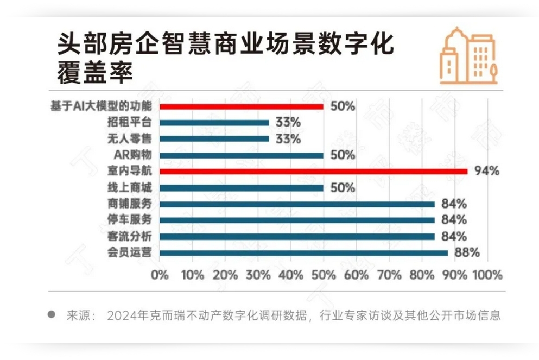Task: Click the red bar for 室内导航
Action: pos(314,172)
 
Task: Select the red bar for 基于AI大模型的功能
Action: pos(242,106)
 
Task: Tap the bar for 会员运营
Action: pos(304,252)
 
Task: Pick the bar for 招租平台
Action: pos(214,123)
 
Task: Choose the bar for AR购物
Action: pos(242,155)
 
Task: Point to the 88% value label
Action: pos(468,252)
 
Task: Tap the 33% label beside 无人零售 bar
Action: pos(288,139)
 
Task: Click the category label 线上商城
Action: pos(130,188)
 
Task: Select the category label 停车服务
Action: pos(130,220)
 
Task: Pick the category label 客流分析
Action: pos(130,236)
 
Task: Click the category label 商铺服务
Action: pos(130,204)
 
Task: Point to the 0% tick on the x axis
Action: pos(160,275)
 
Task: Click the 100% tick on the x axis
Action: pos(487,275)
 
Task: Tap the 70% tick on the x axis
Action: pos(389,275)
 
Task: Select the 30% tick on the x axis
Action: pos(258,275)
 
